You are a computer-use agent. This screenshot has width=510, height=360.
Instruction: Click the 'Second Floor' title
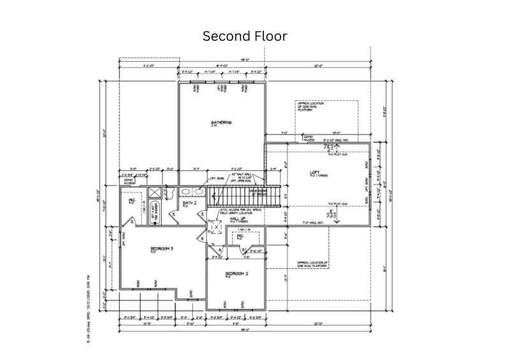coord(245,36)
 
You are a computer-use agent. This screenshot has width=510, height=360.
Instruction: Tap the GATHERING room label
coord(221,123)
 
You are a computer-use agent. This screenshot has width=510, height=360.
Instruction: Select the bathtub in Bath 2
coord(155,214)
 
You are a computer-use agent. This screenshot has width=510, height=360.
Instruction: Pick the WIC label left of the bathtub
coord(133,201)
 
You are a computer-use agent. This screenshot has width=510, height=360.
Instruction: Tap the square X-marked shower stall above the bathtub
coord(154,192)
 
